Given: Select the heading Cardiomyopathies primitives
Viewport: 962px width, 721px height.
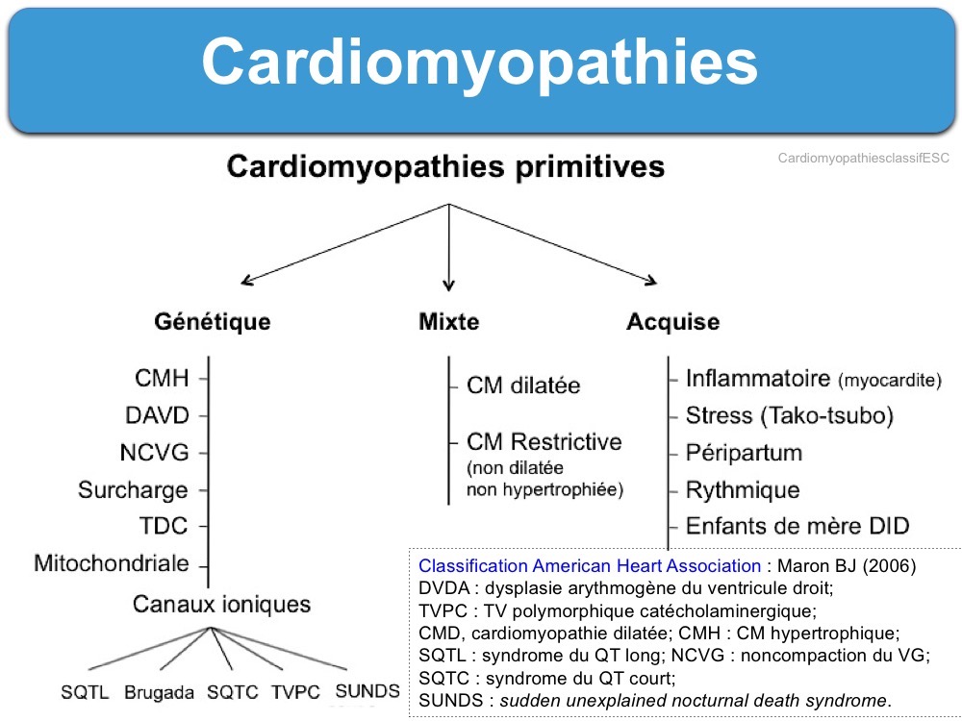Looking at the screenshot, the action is [446, 166].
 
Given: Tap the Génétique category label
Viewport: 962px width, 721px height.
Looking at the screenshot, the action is [213, 322].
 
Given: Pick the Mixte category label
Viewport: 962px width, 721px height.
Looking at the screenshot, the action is [449, 322].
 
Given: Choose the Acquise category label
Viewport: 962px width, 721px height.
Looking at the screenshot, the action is [673, 322].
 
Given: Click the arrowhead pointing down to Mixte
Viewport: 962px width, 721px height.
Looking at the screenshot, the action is [448, 285].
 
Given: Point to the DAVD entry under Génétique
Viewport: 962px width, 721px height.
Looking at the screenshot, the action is [157, 415].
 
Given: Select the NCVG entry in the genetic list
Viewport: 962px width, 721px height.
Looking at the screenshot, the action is [155, 453].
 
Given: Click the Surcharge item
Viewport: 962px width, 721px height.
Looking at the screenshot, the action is [133, 490].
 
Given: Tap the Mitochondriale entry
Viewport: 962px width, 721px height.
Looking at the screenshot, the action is [112, 563].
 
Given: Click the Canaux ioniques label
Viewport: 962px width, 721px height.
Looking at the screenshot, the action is [221, 605].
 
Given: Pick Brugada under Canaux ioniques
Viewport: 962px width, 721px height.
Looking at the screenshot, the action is [159, 693].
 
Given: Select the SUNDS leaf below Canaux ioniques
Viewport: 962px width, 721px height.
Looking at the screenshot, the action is [367, 691].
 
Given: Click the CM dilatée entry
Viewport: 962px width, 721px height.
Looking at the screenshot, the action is [523, 385].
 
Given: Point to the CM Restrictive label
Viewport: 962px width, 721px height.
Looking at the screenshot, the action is [544, 442].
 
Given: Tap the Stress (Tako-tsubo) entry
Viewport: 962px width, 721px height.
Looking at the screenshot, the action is [790, 416].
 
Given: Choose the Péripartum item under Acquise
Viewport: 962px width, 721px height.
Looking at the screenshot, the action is [745, 453].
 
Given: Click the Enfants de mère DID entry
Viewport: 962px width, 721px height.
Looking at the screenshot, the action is [797, 526].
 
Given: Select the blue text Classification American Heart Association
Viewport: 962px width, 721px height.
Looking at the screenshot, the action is [590, 566].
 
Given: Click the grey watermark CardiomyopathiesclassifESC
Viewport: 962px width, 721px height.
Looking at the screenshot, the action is [863, 159].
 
